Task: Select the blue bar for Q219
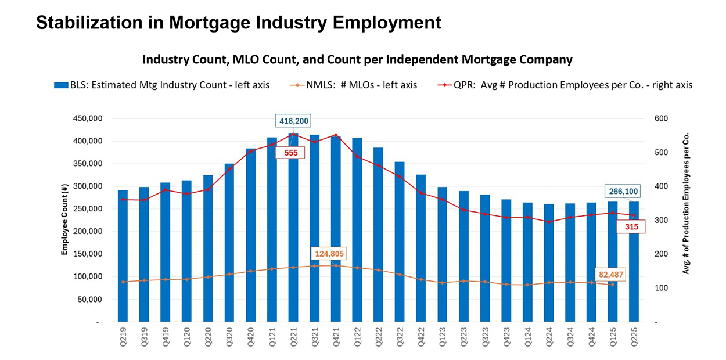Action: tap(123, 255)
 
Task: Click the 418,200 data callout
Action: tap(293, 121)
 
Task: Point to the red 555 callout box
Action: tap(291, 153)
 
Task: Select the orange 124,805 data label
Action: tap(329, 253)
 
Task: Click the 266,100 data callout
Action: tap(623, 191)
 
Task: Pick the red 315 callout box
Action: tap(630, 226)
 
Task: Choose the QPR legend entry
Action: tap(565, 85)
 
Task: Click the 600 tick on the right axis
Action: tap(661, 118)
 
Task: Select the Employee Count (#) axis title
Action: tap(65, 219)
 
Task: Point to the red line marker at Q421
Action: tap(336, 135)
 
